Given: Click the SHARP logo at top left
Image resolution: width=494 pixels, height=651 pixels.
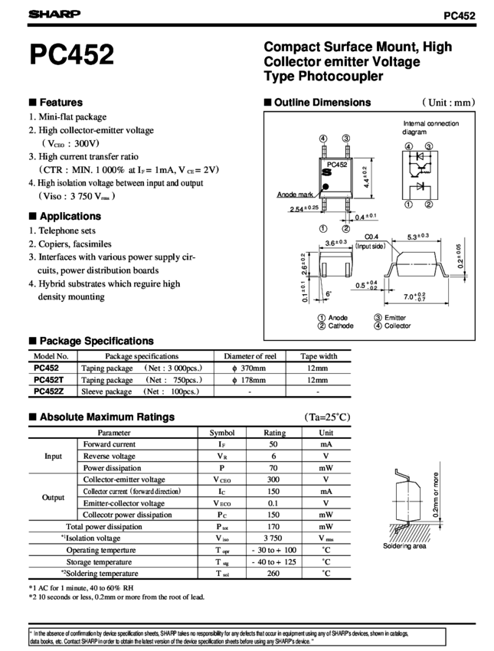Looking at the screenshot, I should pos(47,14).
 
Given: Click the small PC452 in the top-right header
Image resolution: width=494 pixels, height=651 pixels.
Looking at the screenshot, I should pos(460,15).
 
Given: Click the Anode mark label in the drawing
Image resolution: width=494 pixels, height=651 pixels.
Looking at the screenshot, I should pos(293,195).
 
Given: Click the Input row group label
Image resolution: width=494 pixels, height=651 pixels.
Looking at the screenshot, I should pos(53,456).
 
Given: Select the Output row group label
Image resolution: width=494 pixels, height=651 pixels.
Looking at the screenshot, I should pos(53,497).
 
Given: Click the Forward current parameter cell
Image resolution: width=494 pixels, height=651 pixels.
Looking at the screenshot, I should pos(109,443).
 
